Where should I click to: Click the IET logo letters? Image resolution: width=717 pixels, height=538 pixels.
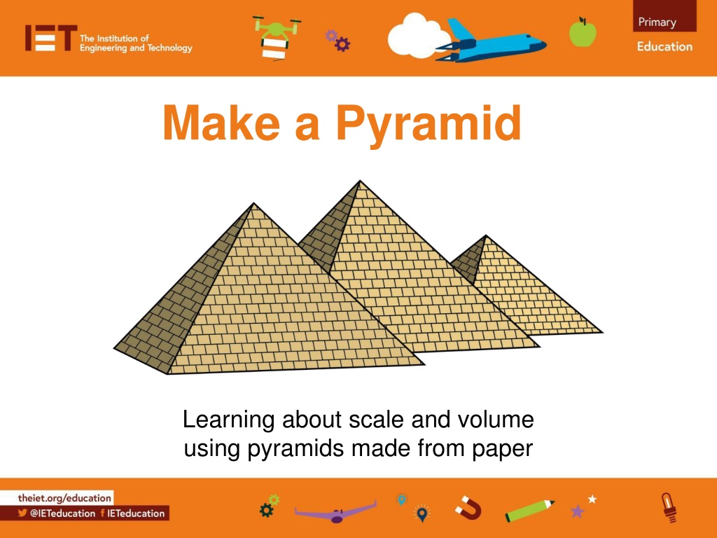click(50, 38)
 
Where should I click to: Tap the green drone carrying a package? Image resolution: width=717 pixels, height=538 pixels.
click(276, 38)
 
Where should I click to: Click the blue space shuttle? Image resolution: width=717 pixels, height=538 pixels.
click(491, 41)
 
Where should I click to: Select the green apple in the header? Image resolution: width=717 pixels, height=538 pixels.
click(583, 32)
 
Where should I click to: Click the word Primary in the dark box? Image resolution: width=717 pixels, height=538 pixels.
click(657, 22)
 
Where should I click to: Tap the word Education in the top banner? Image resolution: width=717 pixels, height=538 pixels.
click(664, 46)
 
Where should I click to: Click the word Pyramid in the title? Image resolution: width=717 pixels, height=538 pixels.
click(429, 123)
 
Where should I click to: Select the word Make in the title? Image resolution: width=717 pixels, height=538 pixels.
click(221, 123)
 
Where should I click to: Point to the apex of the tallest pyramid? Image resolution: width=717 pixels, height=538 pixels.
click(359, 181)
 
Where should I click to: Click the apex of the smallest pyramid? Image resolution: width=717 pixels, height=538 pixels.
click(486, 235)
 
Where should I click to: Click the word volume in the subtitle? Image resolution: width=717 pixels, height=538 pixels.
click(496, 419)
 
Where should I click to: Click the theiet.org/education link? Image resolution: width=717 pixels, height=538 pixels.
click(64, 498)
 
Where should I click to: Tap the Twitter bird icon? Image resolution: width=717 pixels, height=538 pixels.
click(22, 513)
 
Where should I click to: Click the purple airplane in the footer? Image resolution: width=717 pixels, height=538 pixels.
click(336, 512)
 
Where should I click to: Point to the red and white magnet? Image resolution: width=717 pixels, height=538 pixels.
click(468, 508)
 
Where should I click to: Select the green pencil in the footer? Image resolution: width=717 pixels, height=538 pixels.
click(529, 511)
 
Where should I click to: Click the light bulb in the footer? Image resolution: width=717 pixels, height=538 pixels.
click(669, 507)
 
